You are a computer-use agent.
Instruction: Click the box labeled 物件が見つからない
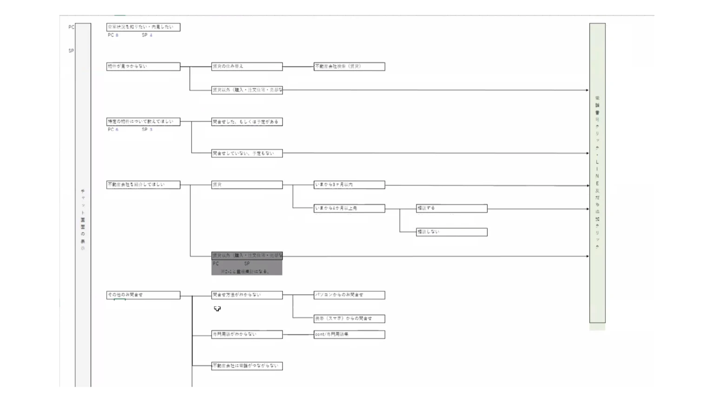[143, 67]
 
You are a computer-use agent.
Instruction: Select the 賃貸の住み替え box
[247, 67]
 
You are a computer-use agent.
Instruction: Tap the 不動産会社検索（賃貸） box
[349, 67]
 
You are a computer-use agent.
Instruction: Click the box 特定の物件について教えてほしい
[143, 122]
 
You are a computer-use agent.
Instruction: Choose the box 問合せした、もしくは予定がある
[247, 122]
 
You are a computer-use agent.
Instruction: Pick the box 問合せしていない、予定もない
[247, 154]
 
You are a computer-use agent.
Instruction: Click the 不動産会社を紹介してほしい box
[143, 185]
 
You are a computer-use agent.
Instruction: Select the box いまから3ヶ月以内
[349, 185]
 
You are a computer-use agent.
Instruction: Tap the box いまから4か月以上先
[349, 208]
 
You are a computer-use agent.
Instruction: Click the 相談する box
[451, 208]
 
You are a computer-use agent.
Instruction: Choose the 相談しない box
[451, 232]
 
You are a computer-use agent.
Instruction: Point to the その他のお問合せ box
[143, 295]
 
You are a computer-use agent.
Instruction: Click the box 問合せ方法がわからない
[247, 295]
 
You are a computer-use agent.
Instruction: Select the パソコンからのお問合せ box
[349, 295]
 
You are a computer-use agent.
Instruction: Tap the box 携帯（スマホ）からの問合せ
[349, 319]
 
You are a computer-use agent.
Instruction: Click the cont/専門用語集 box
[349, 335]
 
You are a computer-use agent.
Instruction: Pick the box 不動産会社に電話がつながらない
[247, 366]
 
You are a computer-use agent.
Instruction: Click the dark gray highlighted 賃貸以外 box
[247, 263]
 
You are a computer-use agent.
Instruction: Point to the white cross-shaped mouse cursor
[217, 308]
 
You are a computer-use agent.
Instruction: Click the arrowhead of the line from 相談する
[588, 209]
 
